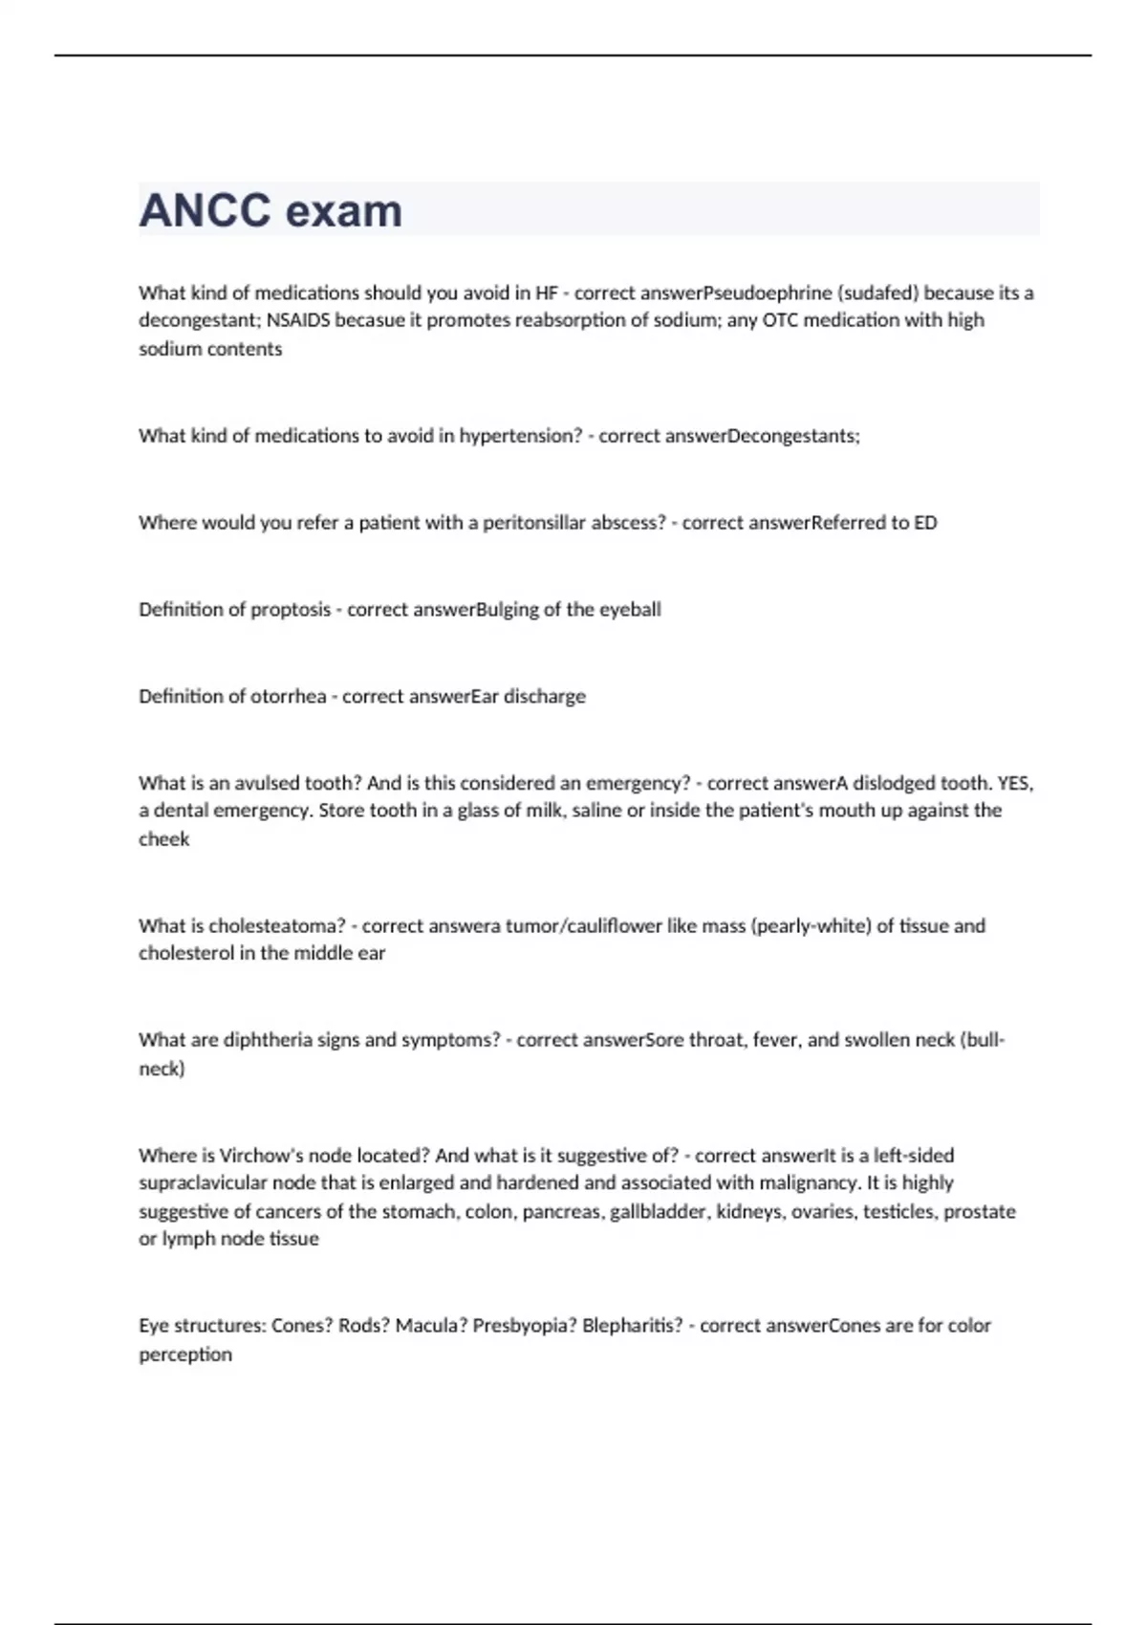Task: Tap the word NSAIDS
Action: click(298, 320)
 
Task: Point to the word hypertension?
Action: click(521, 436)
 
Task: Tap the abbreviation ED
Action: click(925, 523)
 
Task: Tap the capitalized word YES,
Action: click(1015, 784)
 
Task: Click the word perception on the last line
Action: click(185, 1354)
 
